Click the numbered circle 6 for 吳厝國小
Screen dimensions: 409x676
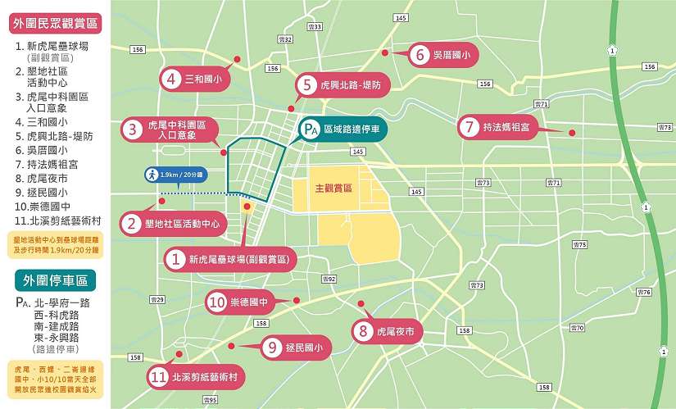point(420,55)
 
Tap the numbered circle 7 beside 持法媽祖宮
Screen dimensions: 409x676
point(469,127)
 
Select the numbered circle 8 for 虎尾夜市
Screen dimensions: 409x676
point(362,332)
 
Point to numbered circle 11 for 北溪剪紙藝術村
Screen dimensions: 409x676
point(159,378)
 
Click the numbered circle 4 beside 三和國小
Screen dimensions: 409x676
point(171,80)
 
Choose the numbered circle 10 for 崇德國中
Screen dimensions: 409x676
point(217,302)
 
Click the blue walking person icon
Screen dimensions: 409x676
point(152,175)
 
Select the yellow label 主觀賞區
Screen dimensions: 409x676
point(333,188)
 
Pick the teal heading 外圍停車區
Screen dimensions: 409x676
point(56,279)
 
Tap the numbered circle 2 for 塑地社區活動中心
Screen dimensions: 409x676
point(130,222)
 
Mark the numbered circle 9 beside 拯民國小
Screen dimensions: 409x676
point(273,348)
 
